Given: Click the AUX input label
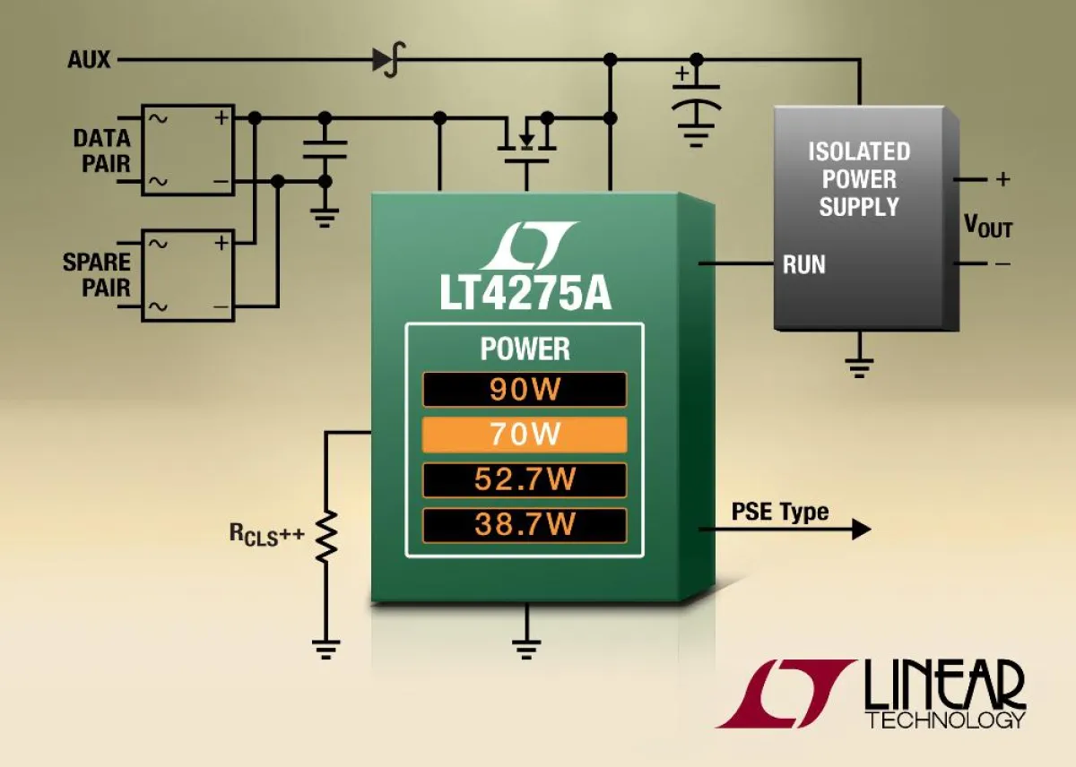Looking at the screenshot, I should tap(89, 60).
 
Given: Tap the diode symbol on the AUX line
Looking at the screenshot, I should tap(384, 60).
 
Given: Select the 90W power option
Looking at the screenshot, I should tap(525, 390).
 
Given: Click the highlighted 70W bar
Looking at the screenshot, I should tap(525, 435).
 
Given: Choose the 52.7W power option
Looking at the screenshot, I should tap(525, 479).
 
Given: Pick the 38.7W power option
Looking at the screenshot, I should tap(525, 524).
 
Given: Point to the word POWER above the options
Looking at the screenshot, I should tap(525, 349).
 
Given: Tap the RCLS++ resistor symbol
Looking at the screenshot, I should tap(325, 535).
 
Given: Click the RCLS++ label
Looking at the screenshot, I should tap(266, 536).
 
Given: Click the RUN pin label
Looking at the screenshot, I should tap(803, 264).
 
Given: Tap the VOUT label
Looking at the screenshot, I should tap(987, 226).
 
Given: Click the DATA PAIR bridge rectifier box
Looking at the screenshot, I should tap(187, 149).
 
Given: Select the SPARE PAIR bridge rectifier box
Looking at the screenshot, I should tap(187, 273).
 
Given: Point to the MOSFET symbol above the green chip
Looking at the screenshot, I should tap(527, 142).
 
